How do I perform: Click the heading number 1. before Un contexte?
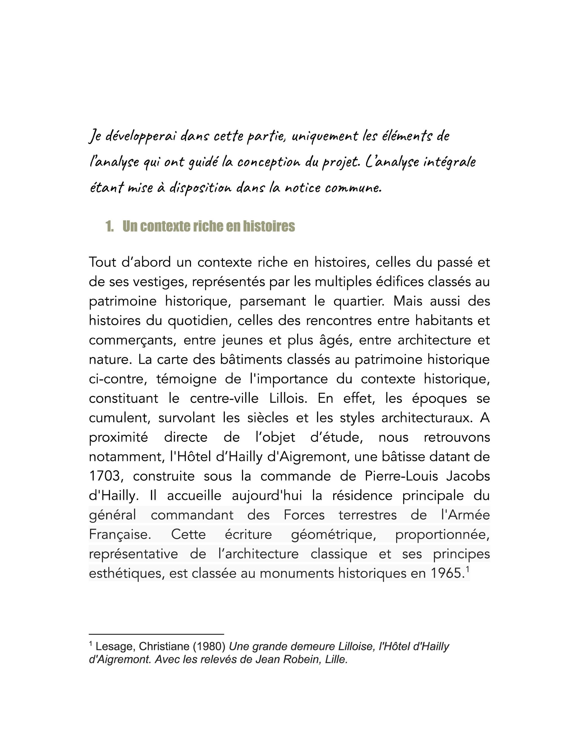click(109, 227)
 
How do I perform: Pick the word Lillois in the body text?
click(288, 398)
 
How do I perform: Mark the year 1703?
click(105, 476)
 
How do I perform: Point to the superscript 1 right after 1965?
click(467, 569)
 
